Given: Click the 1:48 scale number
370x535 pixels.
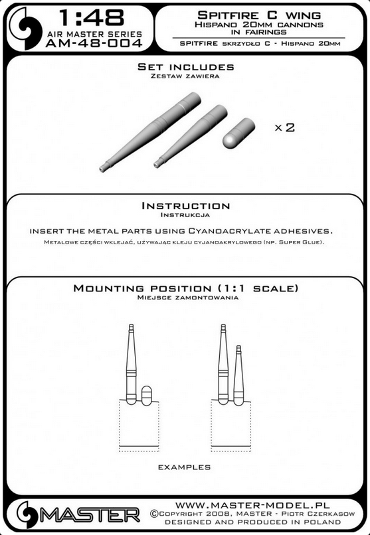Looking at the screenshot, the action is pyautogui.click(x=92, y=18).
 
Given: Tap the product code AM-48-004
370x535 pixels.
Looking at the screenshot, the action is pyautogui.click(x=94, y=43).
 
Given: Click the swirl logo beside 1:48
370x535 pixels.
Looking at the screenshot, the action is pyautogui.click(x=25, y=29).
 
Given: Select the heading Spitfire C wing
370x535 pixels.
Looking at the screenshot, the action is pyautogui.click(x=259, y=15).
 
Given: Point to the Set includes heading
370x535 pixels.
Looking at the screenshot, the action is pyautogui.click(x=186, y=67).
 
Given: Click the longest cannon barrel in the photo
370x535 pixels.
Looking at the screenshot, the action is pyautogui.click(x=150, y=131).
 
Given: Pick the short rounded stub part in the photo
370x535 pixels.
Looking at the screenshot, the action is pyautogui.click(x=238, y=133).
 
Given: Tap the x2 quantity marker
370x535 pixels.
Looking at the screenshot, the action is pyautogui.click(x=285, y=127).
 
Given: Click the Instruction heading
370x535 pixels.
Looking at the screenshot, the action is pyautogui.click(x=186, y=206).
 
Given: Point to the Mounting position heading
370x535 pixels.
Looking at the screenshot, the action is pyautogui.click(x=186, y=288).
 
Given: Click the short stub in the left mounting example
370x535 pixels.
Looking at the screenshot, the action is pyautogui.click(x=146, y=396).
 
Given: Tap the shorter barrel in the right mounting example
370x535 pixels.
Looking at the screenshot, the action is pyautogui.click(x=238, y=375).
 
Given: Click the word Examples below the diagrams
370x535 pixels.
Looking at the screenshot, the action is pyautogui.click(x=184, y=467).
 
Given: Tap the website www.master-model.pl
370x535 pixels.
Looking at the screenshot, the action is pyautogui.click(x=252, y=505).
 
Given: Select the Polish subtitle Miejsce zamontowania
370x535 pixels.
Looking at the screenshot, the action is pyautogui.click(x=187, y=297).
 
